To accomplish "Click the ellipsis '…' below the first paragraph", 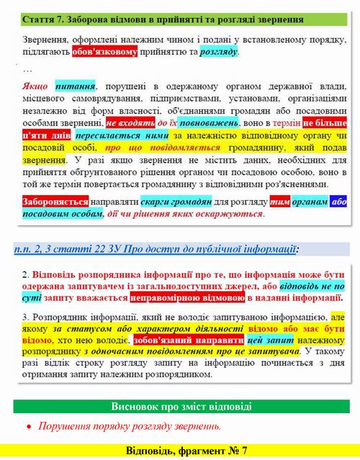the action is [x=28, y=70].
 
